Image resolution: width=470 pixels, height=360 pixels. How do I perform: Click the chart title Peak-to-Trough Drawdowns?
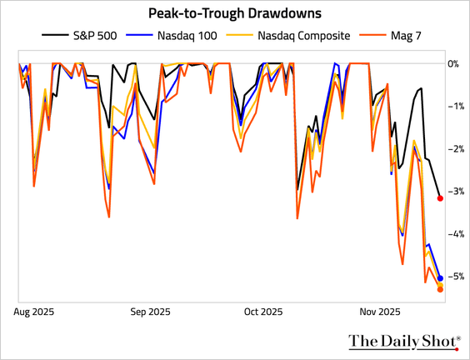[235, 13]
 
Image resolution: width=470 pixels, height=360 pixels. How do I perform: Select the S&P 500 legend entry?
[79, 36]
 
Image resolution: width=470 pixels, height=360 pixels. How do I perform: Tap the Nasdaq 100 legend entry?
[172, 36]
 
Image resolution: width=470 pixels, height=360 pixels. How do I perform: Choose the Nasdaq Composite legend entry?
[288, 36]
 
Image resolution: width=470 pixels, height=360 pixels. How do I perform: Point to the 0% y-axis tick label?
[452, 64]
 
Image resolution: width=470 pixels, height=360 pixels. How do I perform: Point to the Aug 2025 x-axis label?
[34, 312]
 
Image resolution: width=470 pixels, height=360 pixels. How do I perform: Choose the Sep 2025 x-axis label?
[150, 312]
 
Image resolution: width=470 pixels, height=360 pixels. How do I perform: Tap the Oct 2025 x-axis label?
[263, 312]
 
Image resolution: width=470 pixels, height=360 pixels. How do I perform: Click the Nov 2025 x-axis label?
[380, 312]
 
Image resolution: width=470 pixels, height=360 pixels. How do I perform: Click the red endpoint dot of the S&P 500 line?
[440, 198]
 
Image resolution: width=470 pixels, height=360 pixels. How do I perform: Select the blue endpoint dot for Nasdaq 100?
[440, 278]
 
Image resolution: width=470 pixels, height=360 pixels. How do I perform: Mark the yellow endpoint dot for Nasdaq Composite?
[440, 285]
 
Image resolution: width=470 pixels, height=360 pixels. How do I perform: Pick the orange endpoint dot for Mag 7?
[440, 289]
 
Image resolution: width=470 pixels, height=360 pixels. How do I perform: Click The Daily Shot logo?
[404, 342]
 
